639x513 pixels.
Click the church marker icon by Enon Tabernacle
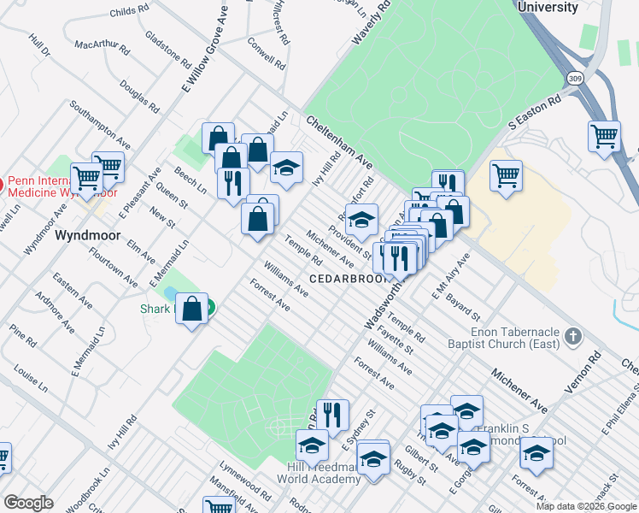click(572, 336)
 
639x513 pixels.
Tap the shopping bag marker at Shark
click(193, 308)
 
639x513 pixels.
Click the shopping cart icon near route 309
click(604, 136)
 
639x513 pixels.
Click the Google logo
click(28, 503)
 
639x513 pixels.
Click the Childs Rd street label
click(129, 13)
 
